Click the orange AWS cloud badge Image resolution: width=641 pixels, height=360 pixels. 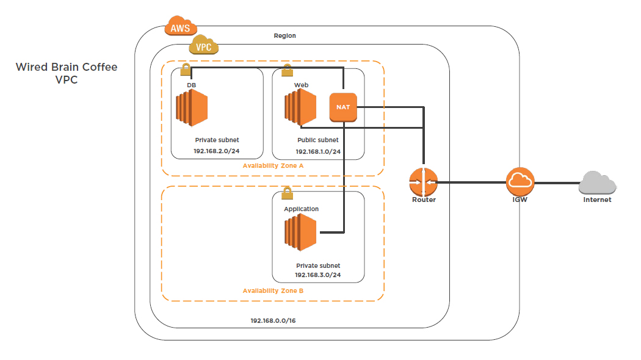[180, 27]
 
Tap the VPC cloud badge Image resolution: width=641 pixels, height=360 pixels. [204, 46]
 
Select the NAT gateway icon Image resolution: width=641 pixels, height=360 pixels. [343, 107]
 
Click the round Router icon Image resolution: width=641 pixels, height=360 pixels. [423, 181]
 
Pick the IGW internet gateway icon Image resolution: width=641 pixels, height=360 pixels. [520, 181]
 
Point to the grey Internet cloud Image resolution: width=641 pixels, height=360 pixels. [597, 183]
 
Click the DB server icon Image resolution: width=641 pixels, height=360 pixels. [191, 107]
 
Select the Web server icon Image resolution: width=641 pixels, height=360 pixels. [299, 107]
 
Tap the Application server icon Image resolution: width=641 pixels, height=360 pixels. [300, 232]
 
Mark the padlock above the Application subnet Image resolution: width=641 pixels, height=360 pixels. [286, 194]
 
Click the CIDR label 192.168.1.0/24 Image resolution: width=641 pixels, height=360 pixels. [318, 151]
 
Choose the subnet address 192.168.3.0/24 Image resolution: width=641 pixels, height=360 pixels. [318, 275]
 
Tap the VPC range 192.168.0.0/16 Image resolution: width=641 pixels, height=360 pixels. [273, 320]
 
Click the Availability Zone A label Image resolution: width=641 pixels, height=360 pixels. [272, 166]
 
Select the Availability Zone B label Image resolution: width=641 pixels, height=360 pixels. [272, 290]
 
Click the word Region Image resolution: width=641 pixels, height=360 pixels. [284, 35]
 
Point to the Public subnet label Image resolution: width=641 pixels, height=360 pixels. [317, 140]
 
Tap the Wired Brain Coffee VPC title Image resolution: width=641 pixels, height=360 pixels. [66, 73]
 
